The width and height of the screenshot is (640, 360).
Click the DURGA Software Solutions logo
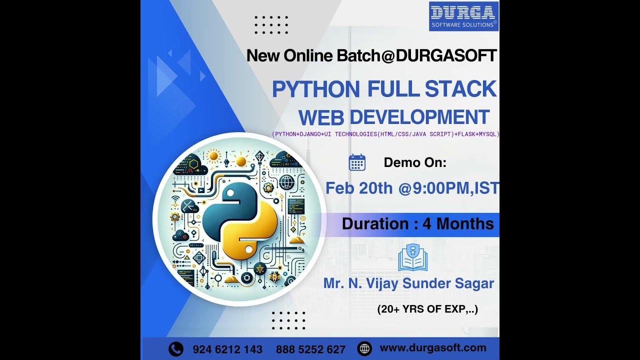(x=463, y=16)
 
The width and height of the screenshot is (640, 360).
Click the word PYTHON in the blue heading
(x=315, y=89)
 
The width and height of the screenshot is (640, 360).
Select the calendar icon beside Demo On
(x=357, y=163)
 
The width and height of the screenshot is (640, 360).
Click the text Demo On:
(x=415, y=162)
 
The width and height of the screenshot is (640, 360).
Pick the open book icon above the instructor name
(x=413, y=257)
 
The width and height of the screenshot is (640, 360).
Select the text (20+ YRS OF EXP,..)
(x=427, y=309)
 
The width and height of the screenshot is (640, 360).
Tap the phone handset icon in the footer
(x=175, y=348)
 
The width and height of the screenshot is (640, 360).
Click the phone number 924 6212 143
(x=227, y=349)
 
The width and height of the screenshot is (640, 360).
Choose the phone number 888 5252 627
(x=310, y=349)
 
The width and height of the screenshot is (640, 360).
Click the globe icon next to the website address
(x=365, y=348)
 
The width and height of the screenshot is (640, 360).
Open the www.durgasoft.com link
(x=433, y=348)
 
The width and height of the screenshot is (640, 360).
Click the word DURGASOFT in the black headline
(x=446, y=55)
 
